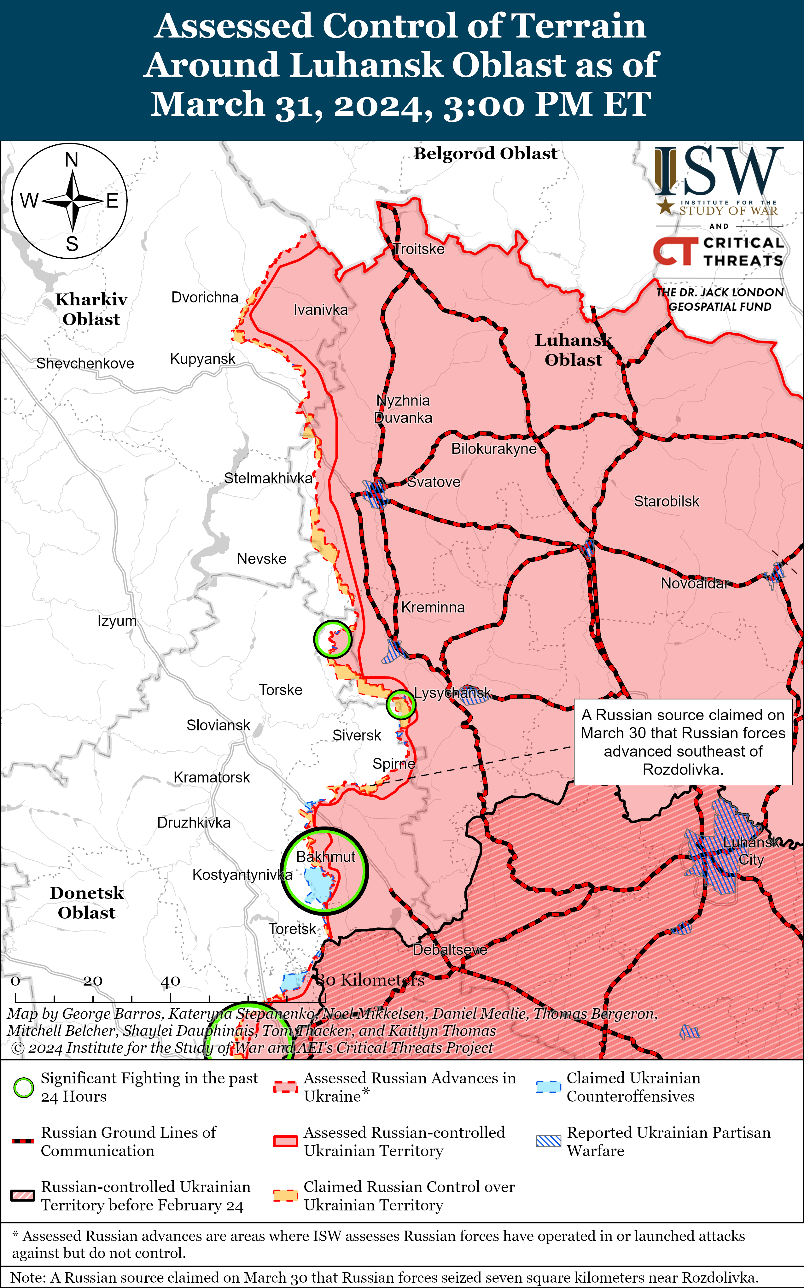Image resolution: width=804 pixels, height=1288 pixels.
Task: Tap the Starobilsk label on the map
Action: pyautogui.click(x=666, y=501)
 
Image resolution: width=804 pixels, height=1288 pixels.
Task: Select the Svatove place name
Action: pyautogui.click(x=434, y=482)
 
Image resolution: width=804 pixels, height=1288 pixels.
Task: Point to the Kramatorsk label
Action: pyautogui.click(x=211, y=777)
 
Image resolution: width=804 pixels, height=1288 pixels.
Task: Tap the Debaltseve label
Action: pyautogui.click(x=450, y=950)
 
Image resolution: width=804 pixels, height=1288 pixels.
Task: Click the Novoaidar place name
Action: pyautogui.click(x=694, y=584)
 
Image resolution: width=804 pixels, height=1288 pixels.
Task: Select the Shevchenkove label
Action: pyautogui.click(x=85, y=364)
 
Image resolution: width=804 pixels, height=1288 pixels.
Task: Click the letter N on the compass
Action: pyautogui.click(x=71, y=160)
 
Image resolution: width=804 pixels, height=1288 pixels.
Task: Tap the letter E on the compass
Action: pyautogui.click(x=112, y=201)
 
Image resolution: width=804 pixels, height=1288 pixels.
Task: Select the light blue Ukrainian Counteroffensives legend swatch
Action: pyautogui.click(x=548, y=1087)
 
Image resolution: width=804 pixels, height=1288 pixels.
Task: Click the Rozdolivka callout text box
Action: pyautogui.click(x=683, y=742)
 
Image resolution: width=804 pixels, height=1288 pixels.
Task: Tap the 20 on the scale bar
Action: pyautogui.click(x=92, y=981)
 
